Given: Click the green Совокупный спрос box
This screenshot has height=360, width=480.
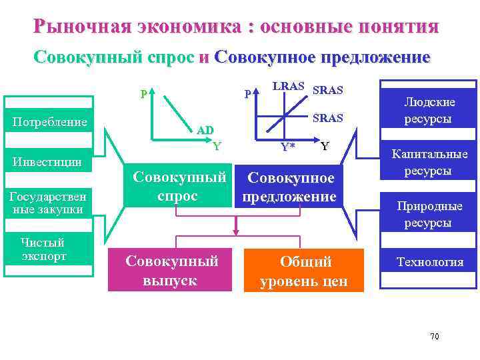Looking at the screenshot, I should click(x=175, y=187).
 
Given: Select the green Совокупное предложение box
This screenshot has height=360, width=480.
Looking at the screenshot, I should click(x=289, y=187).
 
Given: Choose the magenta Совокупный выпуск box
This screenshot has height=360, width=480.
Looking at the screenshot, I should click(x=172, y=270).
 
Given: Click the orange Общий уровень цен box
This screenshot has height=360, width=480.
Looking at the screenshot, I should click(x=304, y=271).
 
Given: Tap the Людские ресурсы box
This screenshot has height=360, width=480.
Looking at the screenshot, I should click(x=429, y=111).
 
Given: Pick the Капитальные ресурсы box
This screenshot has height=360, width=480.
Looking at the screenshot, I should click(x=429, y=162).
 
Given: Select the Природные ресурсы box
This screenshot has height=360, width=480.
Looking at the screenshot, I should click(x=429, y=214).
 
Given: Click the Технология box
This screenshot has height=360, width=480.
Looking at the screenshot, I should click(x=429, y=262).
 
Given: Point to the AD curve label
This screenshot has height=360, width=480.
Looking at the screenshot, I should click(x=205, y=130).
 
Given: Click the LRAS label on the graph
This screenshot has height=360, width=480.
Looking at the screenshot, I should click(x=289, y=87).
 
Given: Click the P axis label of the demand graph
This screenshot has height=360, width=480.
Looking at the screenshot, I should click(x=143, y=94).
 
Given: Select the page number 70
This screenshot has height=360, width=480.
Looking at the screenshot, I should click(x=434, y=336).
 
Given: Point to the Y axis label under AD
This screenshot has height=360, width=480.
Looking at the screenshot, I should click(x=217, y=146).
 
